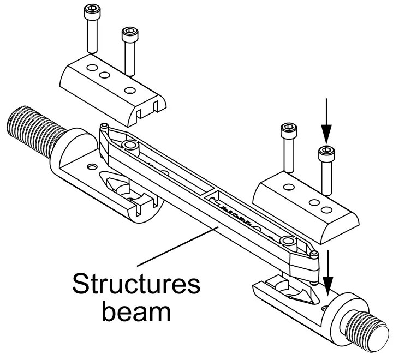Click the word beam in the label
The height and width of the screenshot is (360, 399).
137,313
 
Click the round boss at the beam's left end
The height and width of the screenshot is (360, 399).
129,145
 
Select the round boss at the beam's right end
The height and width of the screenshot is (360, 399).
288,241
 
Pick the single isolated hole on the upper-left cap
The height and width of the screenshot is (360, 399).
130,89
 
